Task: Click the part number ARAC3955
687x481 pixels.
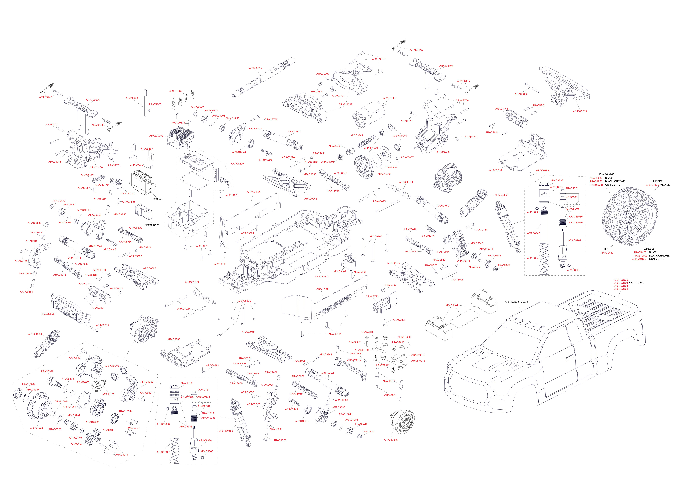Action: (x=255, y=68)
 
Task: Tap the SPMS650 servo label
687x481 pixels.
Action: (x=156, y=199)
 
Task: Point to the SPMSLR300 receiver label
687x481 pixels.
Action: (x=152, y=225)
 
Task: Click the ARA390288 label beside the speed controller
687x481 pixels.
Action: (x=156, y=136)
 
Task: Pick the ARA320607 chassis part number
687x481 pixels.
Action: (x=322, y=277)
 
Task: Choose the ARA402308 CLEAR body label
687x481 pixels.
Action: (x=517, y=302)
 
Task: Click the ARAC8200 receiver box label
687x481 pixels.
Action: (x=237, y=164)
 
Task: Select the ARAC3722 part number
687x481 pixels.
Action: (x=372, y=297)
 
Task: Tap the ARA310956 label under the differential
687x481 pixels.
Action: (x=391, y=440)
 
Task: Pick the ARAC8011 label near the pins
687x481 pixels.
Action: (x=121, y=455)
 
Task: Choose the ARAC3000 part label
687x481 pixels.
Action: (x=132, y=98)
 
